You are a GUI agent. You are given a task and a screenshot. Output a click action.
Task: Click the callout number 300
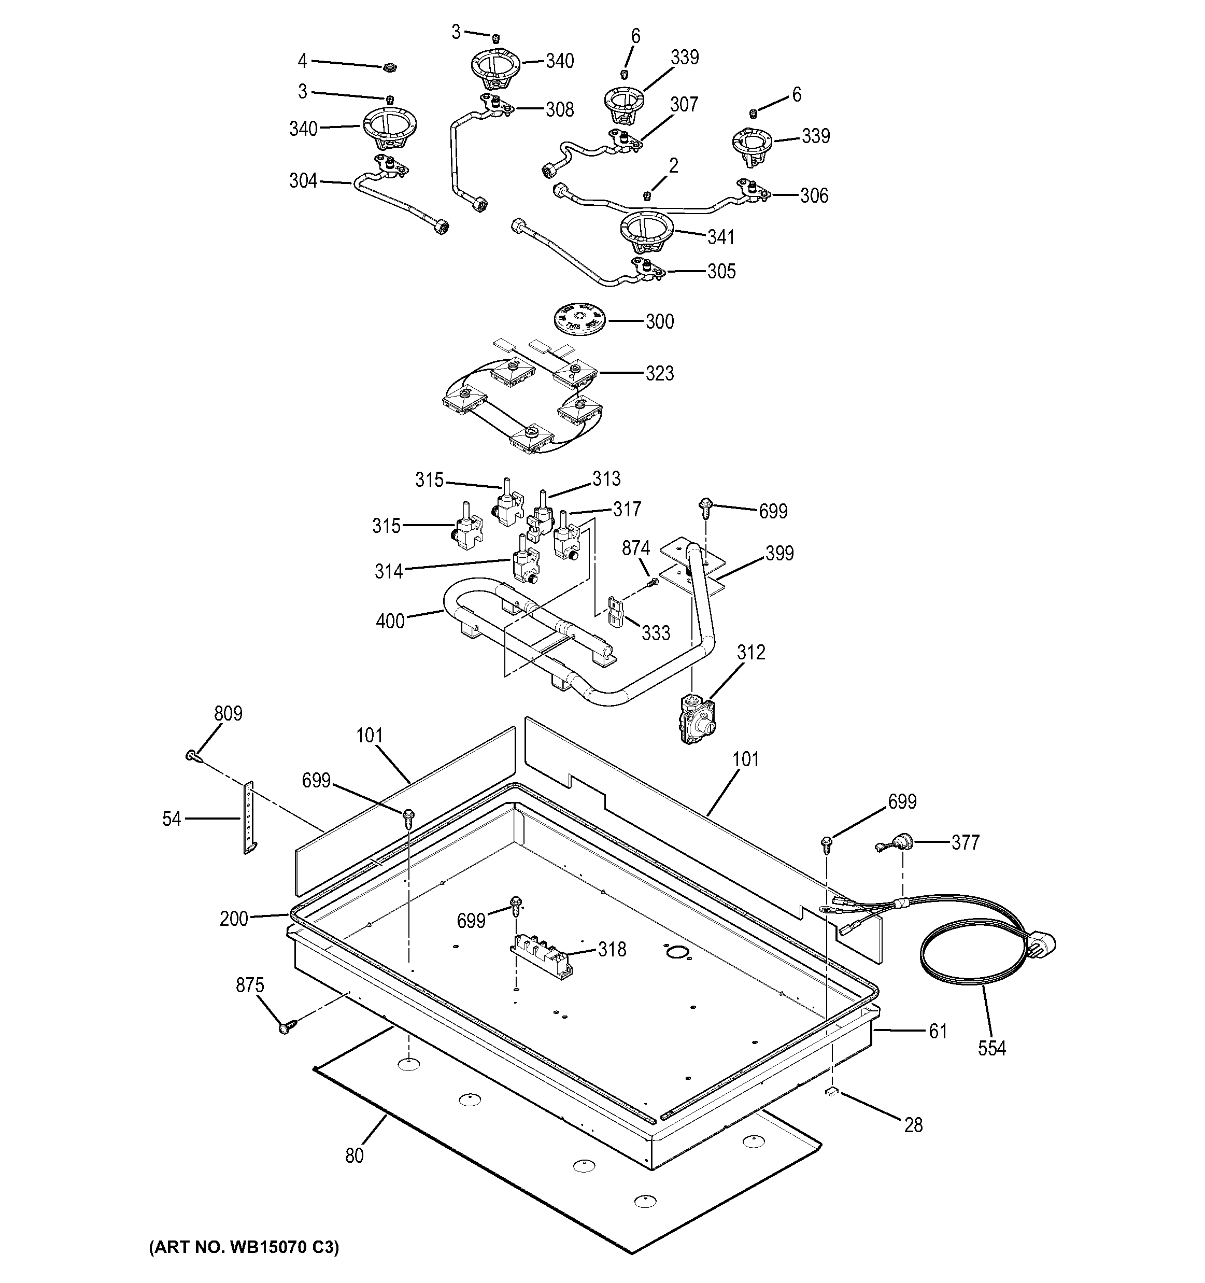pyautogui.click(x=659, y=321)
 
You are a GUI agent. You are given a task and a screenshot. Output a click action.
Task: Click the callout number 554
pyautogui.click(x=991, y=1048)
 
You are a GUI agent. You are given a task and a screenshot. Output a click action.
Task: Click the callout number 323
pyautogui.click(x=659, y=373)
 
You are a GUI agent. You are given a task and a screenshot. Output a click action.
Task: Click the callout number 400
pyautogui.click(x=390, y=621)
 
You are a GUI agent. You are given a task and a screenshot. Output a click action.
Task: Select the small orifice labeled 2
pyautogui.click(x=648, y=195)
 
